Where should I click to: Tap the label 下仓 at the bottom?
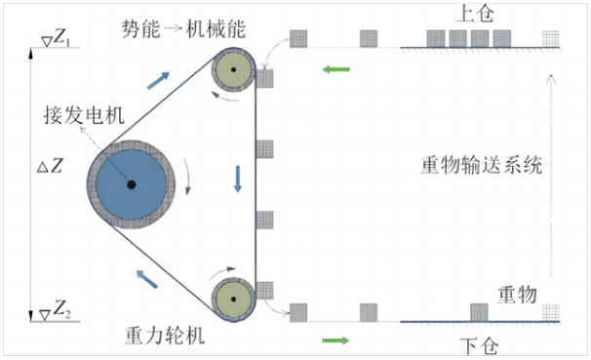[x=479, y=344]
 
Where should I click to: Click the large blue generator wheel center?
[x=129, y=185]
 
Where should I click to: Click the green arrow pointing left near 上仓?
[x=336, y=69]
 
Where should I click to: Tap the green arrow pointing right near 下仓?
[x=335, y=340]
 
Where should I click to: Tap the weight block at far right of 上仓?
[x=553, y=40]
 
